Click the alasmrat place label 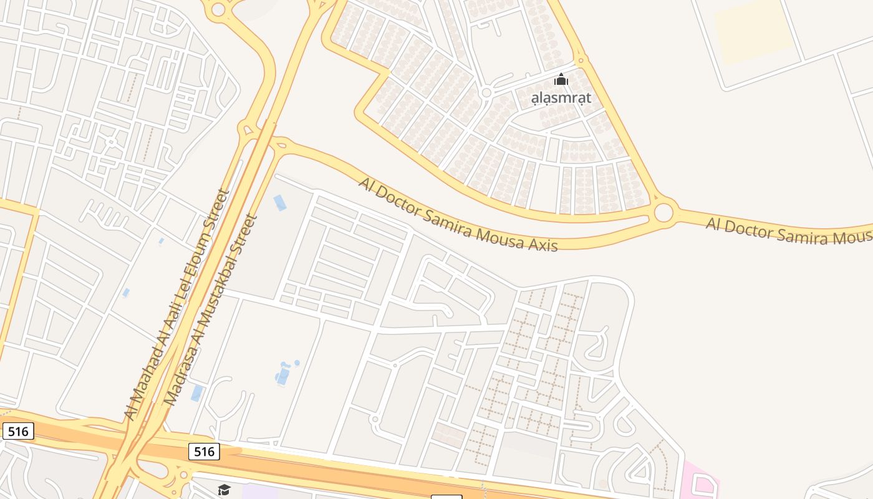click(x=561, y=98)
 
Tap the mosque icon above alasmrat click(x=561, y=80)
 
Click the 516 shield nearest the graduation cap click(x=205, y=452)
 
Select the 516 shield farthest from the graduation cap click(x=17, y=431)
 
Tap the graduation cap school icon click(x=224, y=490)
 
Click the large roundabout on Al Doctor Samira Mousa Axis click(x=663, y=213)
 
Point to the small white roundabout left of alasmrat click(x=486, y=93)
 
